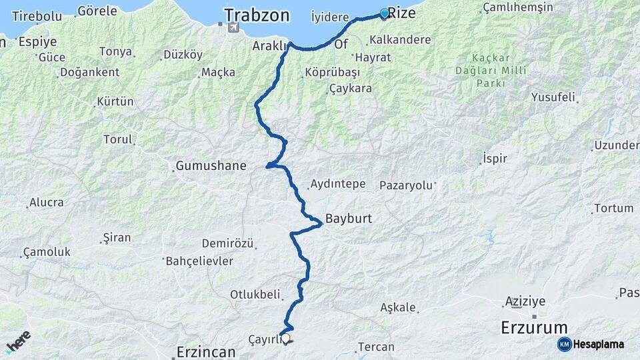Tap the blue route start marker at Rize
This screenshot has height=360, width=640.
(x=385, y=13)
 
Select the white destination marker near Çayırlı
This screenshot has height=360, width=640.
(x=286, y=339)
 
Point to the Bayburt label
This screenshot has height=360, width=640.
(x=348, y=218)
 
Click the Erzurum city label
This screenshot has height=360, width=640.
(x=534, y=327)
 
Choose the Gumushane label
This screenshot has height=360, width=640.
(x=211, y=165)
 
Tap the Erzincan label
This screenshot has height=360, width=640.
(x=206, y=352)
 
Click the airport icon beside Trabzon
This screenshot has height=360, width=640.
(x=231, y=27)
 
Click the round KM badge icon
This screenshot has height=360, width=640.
(x=564, y=344)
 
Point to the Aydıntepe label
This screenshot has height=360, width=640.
(x=337, y=184)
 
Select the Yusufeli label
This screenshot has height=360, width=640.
(x=553, y=97)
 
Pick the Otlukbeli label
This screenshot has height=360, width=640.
(x=256, y=294)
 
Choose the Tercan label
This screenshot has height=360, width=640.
(x=376, y=347)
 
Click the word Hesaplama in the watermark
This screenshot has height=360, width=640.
(x=598, y=344)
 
